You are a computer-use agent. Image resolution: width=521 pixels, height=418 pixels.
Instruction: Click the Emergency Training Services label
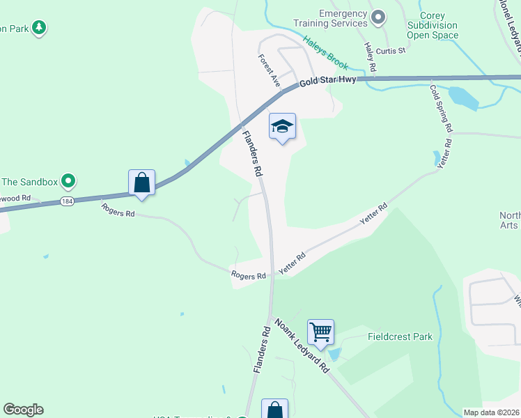343,19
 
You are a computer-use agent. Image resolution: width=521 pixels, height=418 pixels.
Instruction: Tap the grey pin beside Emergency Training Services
378,17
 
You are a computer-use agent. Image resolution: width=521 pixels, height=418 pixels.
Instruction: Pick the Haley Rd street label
370,57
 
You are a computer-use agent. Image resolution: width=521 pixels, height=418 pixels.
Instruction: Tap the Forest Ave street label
269,70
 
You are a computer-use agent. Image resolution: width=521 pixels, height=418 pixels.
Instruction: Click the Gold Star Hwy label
328,81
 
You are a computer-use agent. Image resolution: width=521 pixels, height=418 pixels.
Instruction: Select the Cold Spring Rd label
442,108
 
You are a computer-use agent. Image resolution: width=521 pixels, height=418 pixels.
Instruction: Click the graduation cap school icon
282,127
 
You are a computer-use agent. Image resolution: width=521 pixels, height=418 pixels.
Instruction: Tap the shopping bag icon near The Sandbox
141,183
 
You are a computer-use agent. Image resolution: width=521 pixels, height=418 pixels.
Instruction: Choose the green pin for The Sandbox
68,182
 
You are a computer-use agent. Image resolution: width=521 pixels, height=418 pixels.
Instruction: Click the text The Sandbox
29,183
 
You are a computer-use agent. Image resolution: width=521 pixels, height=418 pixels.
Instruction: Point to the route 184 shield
67,201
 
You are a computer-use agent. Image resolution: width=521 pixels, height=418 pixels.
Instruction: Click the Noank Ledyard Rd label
302,346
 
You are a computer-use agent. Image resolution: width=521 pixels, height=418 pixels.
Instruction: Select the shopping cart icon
320,332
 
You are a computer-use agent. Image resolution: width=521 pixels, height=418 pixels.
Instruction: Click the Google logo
23,410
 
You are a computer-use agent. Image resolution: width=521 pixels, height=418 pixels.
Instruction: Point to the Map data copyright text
492,412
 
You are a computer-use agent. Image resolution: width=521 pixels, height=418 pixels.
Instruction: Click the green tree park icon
40,28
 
